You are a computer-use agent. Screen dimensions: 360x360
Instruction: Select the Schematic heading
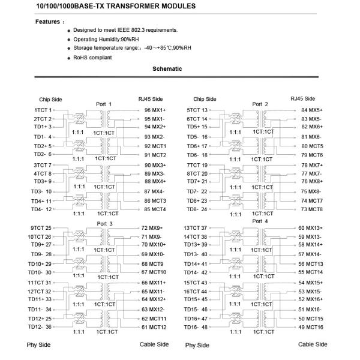[167, 69]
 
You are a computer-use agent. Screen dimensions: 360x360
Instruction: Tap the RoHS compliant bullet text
[92, 57]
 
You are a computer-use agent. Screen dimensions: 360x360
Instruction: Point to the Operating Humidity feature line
[108, 39]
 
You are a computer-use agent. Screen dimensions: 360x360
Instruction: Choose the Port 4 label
[260, 221]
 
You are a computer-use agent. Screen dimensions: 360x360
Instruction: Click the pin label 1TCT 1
[43, 110]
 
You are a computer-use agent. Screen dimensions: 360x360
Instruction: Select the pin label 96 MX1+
[155, 110]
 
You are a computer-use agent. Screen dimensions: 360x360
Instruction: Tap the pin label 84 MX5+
[312, 110]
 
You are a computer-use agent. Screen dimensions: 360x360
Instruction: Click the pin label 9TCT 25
[41, 228]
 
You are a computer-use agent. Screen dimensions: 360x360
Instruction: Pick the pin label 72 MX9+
[152, 228]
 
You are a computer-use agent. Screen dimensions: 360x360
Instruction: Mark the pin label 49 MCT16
[311, 327]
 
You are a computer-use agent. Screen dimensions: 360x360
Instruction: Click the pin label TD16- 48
[196, 327]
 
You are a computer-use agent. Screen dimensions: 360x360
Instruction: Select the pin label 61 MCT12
[154, 327]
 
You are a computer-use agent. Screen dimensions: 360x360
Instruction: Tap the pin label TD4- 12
[42, 209]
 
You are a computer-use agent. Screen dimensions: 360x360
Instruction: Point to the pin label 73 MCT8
[311, 209]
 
